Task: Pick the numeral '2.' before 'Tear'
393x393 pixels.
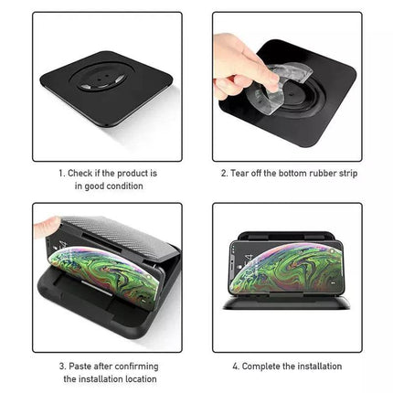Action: click(225, 172)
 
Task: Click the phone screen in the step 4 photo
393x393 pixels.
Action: click(284, 273)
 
